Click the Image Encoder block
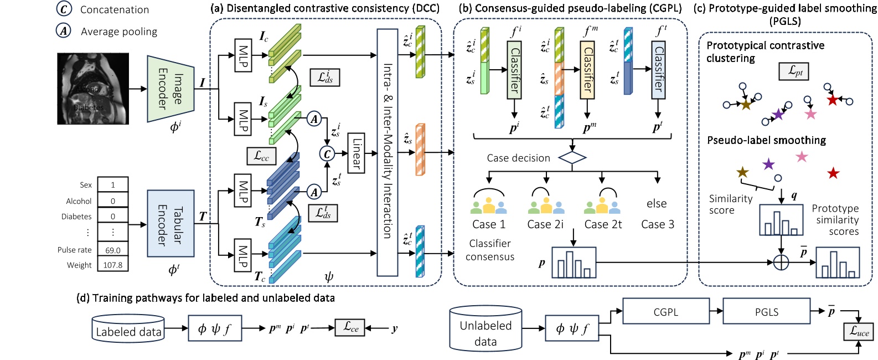click(171, 89)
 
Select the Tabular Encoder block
click(171, 223)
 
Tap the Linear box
click(356, 153)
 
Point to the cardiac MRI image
click(93, 89)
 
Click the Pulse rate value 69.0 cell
click(113, 250)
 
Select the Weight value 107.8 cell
click(113, 265)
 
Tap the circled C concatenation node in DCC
click(327, 154)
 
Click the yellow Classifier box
click(587, 70)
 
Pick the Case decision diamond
click(572, 158)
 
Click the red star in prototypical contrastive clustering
click(832, 100)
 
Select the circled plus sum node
click(781, 262)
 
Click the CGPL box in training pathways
click(666, 312)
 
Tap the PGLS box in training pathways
click(767, 312)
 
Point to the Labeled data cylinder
click(128, 328)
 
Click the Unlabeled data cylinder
click(486, 329)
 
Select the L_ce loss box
click(350, 327)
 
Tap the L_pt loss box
click(793, 71)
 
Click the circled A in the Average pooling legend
click(64, 31)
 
